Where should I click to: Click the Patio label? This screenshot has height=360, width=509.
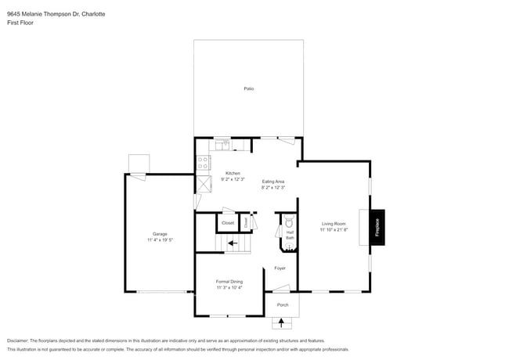click(x=248, y=88)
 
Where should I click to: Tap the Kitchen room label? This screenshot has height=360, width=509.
click(x=233, y=173)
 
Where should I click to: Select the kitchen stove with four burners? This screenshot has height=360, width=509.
click(x=204, y=163)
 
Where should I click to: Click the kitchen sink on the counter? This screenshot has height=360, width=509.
click(x=223, y=145)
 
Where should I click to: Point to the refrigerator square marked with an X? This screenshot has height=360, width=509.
click(x=204, y=184)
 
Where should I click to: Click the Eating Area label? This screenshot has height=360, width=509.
click(x=273, y=182)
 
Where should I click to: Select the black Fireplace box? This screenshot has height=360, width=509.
click(x=377, y=227)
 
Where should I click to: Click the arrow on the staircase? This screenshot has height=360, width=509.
click(x=233, y=243)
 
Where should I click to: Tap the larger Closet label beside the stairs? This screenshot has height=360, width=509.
click(x=228, y=223)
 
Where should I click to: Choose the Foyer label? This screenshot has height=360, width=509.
click(x=280, y=268)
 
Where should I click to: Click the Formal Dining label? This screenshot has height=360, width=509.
click(x=229, y=281)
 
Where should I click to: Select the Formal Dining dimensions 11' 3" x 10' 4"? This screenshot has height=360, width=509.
click(x=229, y=287)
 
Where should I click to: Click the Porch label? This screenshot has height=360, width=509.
click(x=283, y=304)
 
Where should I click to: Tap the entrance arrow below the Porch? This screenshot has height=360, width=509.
click(x=283, y=322)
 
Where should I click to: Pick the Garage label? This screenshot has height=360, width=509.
click(x=160, y=234)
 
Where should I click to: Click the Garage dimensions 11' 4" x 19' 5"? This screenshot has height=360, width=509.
click(x=160, y=240)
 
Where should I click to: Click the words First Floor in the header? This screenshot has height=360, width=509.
click(x=20, y=23)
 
